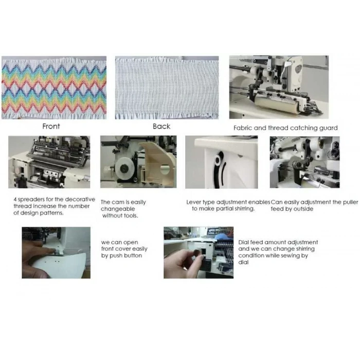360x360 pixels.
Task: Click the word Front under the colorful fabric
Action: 51,127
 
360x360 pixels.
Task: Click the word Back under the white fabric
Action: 161,127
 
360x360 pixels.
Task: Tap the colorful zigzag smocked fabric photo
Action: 54,87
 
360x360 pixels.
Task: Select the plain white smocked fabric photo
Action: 167,87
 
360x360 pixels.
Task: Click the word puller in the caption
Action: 350,203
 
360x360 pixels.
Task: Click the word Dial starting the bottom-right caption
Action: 243,242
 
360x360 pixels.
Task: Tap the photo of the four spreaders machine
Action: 49,162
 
